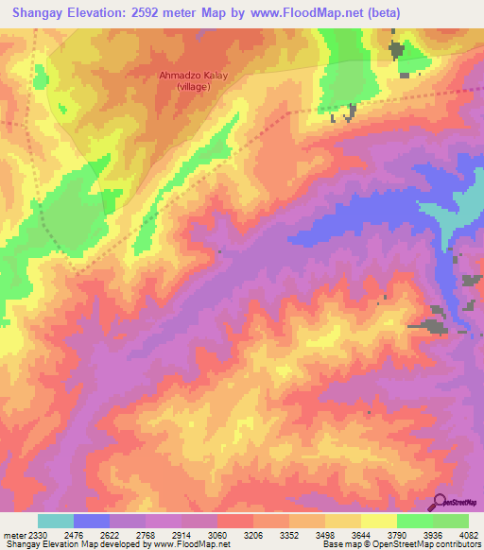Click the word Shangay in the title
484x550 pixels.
coord(37,13)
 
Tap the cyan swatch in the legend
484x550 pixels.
coord(55,521)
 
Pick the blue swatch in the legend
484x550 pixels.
coord(91,521)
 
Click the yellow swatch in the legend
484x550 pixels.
coord(378,521)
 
